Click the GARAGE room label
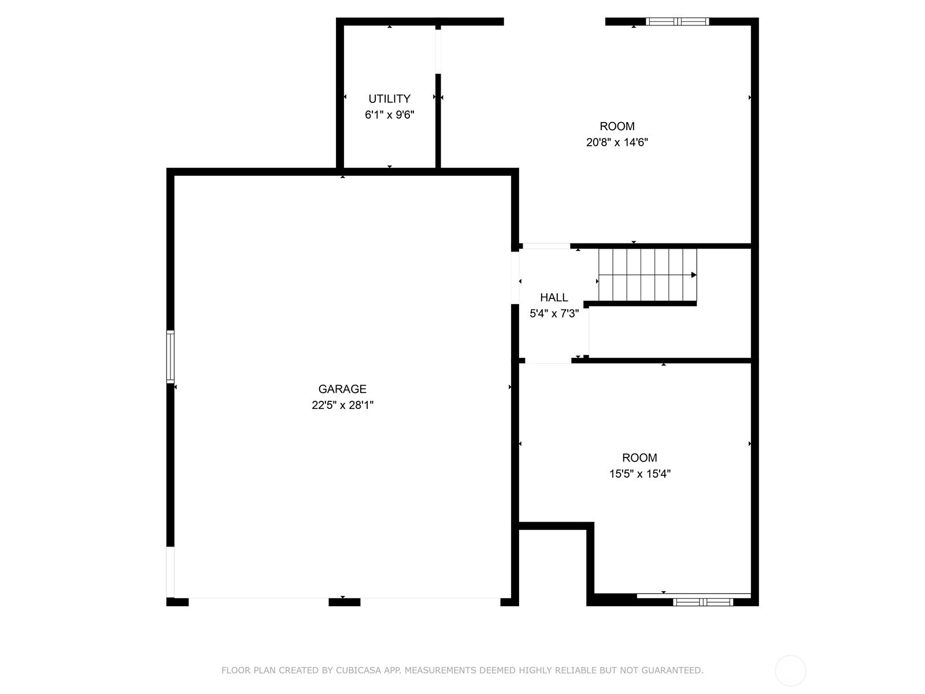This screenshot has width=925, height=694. (x=342, y=389)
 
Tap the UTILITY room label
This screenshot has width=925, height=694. (x=390, y=98)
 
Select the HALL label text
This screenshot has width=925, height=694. (x=554, y=297)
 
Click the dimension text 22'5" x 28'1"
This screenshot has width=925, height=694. (x=343, y=405)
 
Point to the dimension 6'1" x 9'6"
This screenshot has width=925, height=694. (x=390, y=115)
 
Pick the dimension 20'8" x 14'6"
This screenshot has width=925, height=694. (x=617, y=142)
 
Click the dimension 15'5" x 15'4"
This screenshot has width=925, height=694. (x=640, y=474)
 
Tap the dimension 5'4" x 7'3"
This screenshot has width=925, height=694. (x=554, y=313)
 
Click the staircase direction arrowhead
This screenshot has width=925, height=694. (x=694, y=275)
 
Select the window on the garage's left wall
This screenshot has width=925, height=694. (x=170, y=357)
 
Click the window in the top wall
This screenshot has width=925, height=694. (x=677, y=21)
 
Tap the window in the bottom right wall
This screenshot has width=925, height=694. (x=702, y=602)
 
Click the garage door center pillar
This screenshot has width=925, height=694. (x=345, y=602)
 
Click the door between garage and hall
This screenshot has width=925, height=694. (x=515, y=278)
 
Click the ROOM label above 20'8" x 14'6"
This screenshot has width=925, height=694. (x=617, y=126)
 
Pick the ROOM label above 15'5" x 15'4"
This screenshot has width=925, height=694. (x=640, y=457)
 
